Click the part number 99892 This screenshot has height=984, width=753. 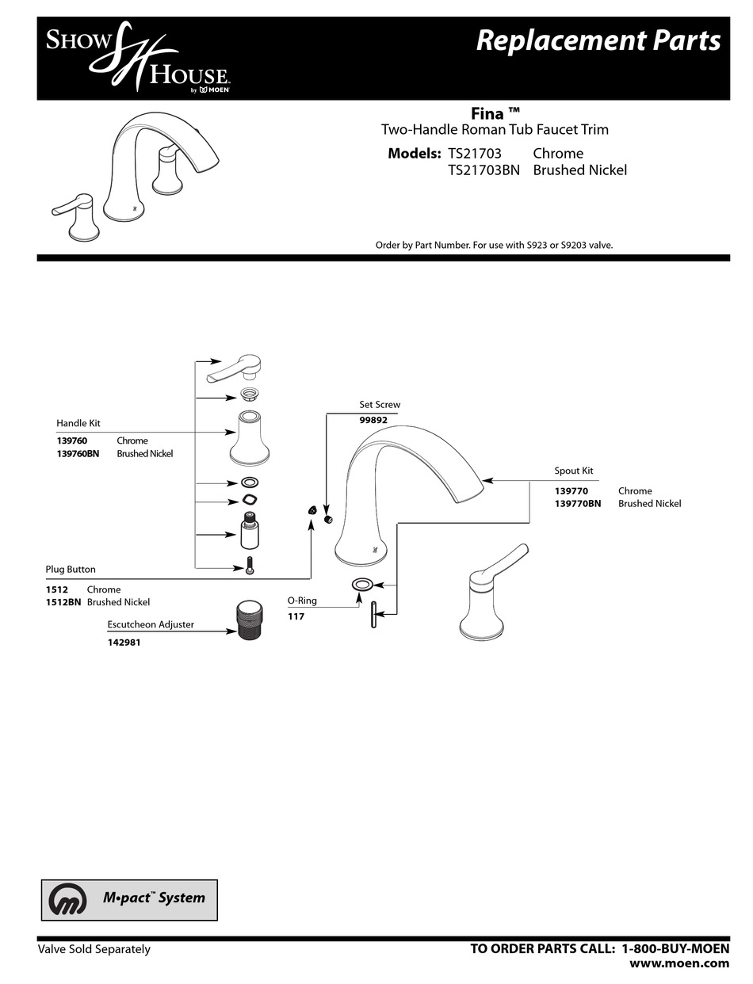pos(373,420)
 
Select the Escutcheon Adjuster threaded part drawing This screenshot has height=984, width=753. pos(251,620)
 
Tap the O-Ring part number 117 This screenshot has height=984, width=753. pos(296,616)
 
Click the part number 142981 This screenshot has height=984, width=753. pos(124,643)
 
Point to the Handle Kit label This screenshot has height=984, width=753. pos(78,424)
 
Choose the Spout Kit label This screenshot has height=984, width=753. pos(574,471)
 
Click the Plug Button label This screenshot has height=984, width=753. pos(71,570)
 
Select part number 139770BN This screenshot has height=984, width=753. pos(578,503)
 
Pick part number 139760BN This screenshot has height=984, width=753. pos(78,454)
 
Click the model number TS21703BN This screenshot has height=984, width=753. pos(484,170)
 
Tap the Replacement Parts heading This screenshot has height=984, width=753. pos(598,40)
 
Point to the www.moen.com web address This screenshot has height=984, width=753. pos(679,963)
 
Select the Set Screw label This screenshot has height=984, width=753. pos(380,405)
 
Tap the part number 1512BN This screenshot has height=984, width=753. pos(63,602)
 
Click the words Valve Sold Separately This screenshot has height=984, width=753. pos(94,949)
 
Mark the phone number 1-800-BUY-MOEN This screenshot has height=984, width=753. pos(675,948)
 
